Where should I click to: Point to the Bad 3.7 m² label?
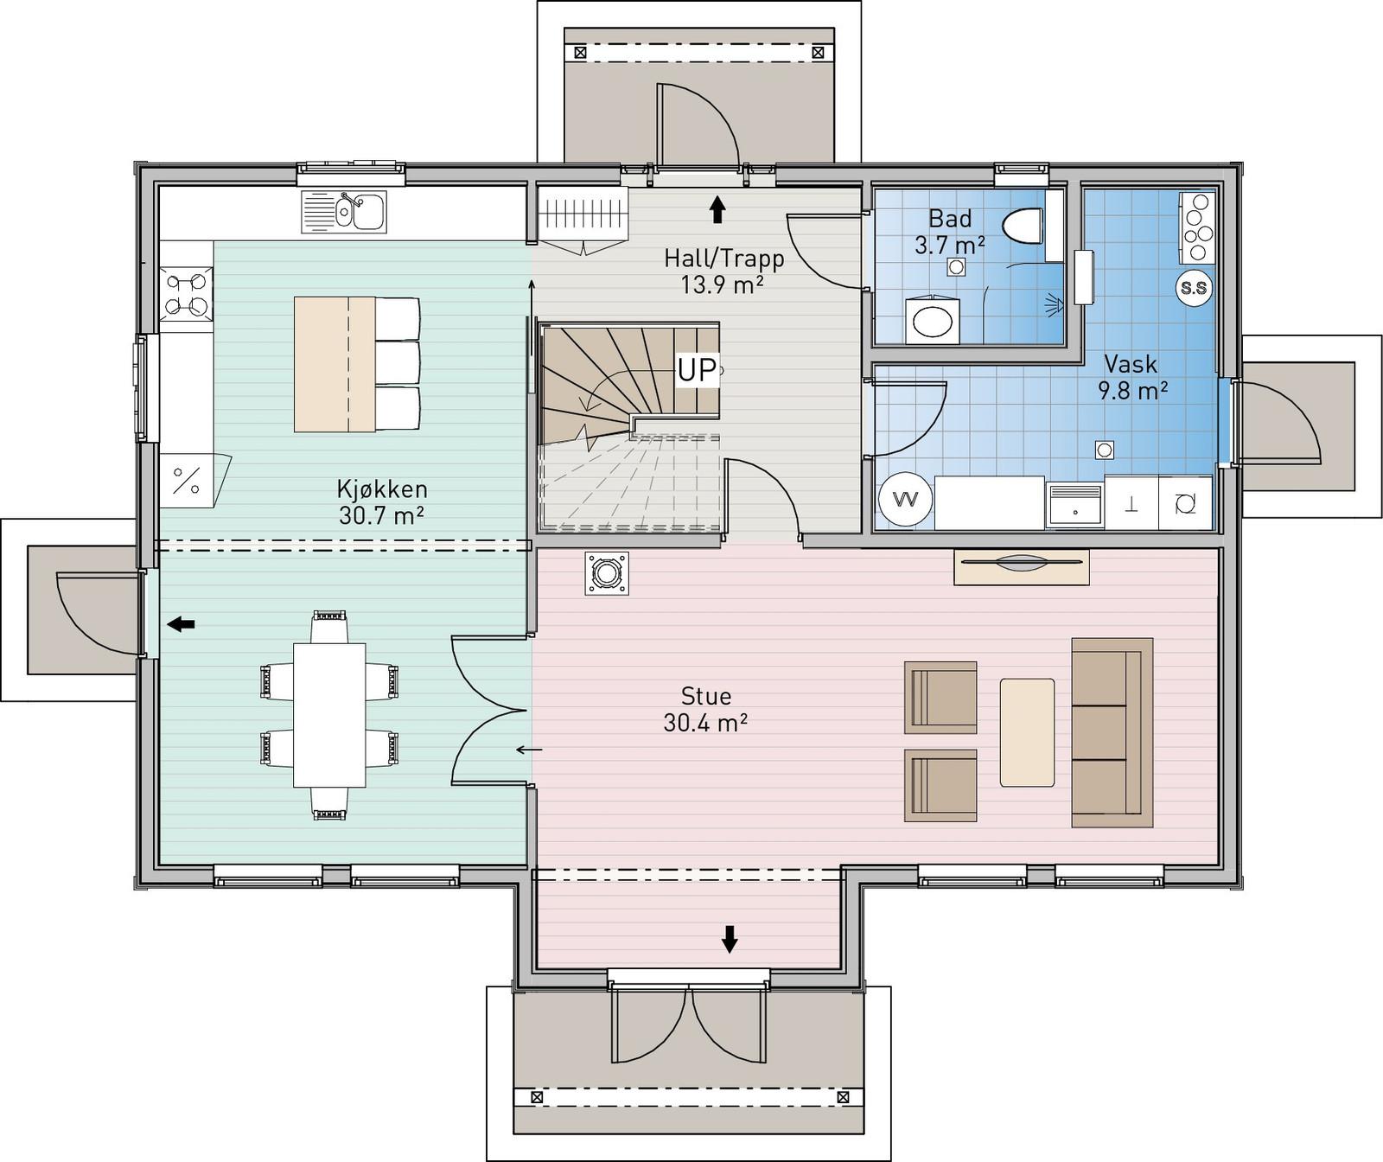pos(950,231)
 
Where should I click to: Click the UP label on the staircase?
pos(697,370)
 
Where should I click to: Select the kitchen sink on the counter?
pos(345,212)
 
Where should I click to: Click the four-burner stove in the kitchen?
pos(187,293)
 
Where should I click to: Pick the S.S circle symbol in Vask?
pos(1194,288)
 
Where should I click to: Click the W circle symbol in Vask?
pos(906,500)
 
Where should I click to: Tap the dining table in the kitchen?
pos(329,714)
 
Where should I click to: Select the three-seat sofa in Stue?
pos(1112,732)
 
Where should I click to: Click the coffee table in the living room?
pos(1027,732)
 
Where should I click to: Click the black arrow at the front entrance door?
pos(717,208)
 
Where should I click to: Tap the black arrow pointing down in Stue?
pos(730,939)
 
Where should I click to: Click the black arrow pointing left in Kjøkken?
pos(181,623)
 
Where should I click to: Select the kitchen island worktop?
pos(335,364)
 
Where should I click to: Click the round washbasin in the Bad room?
pos(931,322)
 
